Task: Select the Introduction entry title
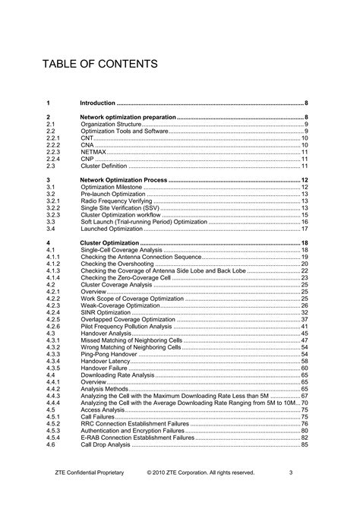click(x=98, y=103)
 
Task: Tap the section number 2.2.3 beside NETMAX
click(x=54, y=151)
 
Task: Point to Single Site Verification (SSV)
click(x=120, y=207)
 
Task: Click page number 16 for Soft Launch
click(x=305, y=221)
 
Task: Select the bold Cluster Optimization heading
click(x=109, y=242)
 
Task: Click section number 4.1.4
click(x=53, y=277)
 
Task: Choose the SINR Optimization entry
click(x=106, y=312)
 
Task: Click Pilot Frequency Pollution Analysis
click(x=126, y=326)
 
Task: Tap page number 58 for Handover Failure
click(x=305, y=368)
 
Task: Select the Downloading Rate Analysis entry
click(x=118, y=375)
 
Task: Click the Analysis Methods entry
click(x=106, y=389)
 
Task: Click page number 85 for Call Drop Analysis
click(x=305, y=444)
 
